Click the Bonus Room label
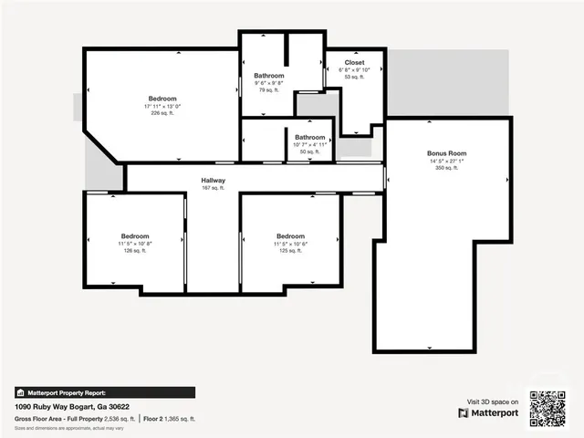coord(446,153)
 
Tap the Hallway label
coord(213,181)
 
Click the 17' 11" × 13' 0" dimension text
coord(162,106)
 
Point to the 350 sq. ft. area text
coord(446,169)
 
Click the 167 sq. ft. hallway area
coord(213,189)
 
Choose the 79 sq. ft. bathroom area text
coord(268,90)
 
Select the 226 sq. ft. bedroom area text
coord(162,113)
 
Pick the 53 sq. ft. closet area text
coord(354,78)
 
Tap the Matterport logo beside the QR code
coord(489,413)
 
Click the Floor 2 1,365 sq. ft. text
coord(170,418)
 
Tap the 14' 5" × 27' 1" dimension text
coord(446,162)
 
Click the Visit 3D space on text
coord(493,401)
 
